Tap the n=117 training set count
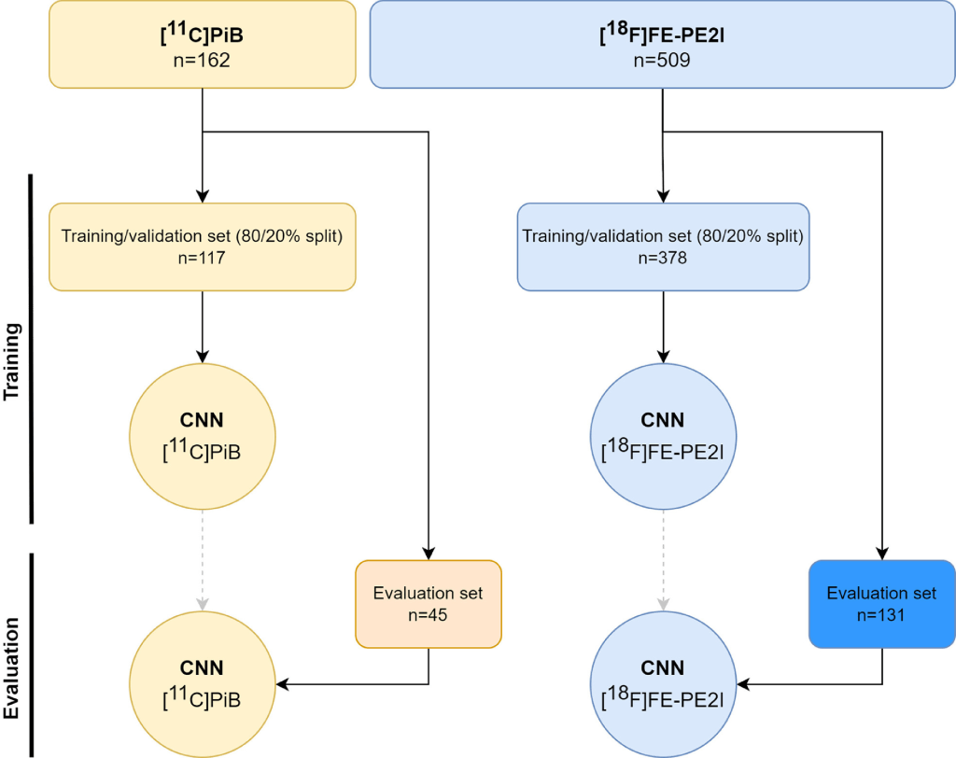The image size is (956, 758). point(202,258)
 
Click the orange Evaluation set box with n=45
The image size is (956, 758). point(429,603)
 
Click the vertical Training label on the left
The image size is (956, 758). point(12,362)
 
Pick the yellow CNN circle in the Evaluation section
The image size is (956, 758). point(202,685)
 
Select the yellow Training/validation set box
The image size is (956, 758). point(202,246)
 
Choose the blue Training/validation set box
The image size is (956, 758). point(662,246)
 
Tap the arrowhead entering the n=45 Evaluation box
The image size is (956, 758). point(429,553)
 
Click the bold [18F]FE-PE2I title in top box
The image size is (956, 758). point(662,38)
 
